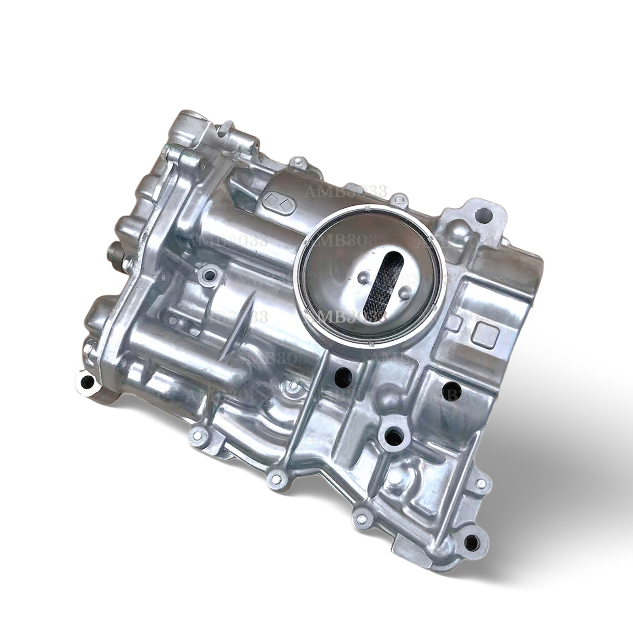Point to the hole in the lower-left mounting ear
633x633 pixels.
tap(86, 382)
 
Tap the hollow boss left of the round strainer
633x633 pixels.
tap(209, 274)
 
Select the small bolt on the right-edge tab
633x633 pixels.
tap(481, 483)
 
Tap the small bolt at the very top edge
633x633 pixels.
tap(299, 162)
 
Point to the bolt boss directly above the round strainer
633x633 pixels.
tap(398, 199)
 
